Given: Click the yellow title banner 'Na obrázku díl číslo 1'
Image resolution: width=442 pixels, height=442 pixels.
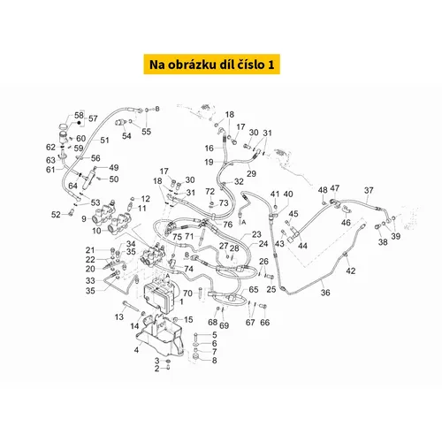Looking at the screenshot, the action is [x=211, y=64].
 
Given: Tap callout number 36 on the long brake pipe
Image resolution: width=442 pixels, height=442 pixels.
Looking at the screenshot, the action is [x=325, y=293].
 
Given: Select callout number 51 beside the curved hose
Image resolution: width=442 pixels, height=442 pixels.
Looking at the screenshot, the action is [x=104, y=141].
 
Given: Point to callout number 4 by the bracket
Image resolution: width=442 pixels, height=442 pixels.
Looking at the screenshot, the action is [x=136, y=350].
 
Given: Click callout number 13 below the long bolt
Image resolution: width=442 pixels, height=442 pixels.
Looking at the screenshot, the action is [x=119, y=317].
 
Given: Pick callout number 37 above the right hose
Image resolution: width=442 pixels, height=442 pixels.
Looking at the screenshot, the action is [x=369, y=190].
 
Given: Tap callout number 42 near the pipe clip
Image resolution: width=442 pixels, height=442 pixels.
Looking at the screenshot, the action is [x=350, y=271].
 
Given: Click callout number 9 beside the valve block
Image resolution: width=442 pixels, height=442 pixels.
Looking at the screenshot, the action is [x=84, y=219].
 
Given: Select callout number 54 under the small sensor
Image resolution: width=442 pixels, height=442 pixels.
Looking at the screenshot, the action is [x=126, y=136].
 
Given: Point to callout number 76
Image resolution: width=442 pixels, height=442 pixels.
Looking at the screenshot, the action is [x=227, y=225].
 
